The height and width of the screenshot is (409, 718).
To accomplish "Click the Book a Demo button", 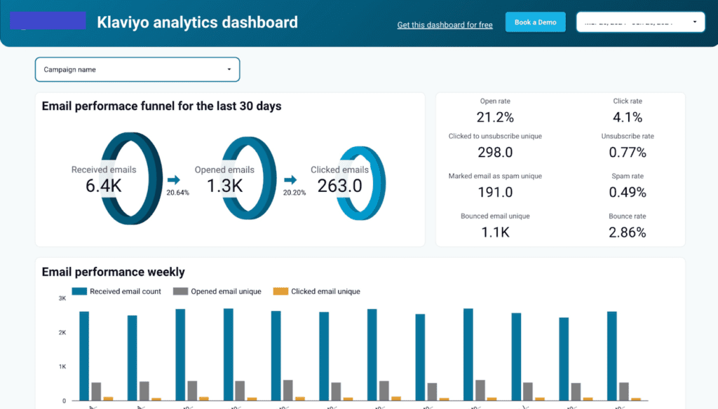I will point(535,22).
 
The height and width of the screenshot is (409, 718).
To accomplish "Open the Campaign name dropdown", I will point(137,69).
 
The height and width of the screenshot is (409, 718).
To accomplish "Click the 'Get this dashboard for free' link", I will point(445,25).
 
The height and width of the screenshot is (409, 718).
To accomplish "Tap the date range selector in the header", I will point(641,22).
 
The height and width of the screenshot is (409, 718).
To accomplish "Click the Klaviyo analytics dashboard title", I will point(197,22).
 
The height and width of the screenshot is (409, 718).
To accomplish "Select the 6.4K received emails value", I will point(104,186).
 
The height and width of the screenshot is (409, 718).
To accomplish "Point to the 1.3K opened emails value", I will point(224,186).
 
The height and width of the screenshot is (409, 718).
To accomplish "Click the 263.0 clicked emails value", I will point(339,186).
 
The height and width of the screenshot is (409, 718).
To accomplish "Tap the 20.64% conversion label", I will point(177,193).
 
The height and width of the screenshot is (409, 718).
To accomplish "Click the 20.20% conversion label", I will point(294,193).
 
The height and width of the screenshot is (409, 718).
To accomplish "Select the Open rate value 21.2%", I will point(495,117).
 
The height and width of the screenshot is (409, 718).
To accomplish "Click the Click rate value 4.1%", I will point(627,117).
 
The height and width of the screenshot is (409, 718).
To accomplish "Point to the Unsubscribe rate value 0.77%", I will point(627,152).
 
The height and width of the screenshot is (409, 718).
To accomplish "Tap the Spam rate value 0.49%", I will point(627,192).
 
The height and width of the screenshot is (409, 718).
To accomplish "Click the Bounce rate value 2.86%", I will point(627,232).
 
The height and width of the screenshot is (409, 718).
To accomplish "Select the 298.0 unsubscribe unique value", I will point(495,152).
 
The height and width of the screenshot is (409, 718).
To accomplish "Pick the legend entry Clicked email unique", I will point(325,291).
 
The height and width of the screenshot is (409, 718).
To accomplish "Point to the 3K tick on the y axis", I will point(62,298).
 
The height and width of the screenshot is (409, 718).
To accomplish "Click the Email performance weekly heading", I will point(113,272).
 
